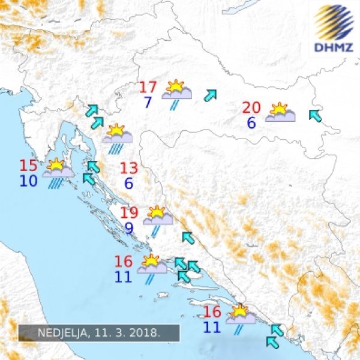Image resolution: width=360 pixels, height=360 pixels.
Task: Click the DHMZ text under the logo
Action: click(x=333, y=46)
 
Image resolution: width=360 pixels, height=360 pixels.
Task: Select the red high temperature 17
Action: click(x=148, y=88)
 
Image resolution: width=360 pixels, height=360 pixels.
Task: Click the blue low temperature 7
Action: click(x=148, y=103)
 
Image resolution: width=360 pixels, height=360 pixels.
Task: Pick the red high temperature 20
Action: click(x=251, y=108)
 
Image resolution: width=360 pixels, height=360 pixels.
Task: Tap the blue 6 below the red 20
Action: click(x=251, y=123)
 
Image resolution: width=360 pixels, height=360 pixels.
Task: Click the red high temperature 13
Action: click(x=129, y=169)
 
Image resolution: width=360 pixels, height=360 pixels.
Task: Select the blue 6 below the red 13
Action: click(x=129, y=184)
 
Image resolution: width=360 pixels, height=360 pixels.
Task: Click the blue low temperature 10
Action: click(x=28, y=181)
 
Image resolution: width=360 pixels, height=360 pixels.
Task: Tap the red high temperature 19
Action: click(x=129, y=213)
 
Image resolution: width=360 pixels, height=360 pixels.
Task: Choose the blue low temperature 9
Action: click(x=129, y=228)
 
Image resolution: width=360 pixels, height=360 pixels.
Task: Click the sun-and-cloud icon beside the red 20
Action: click(x=280, y=113)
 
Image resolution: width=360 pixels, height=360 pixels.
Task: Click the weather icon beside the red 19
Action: click(x=158, y=218)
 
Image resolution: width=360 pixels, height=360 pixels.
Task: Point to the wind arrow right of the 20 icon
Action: click(x=314, y=115)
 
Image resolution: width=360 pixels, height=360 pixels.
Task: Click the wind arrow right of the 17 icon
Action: click(x=211, y=94)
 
